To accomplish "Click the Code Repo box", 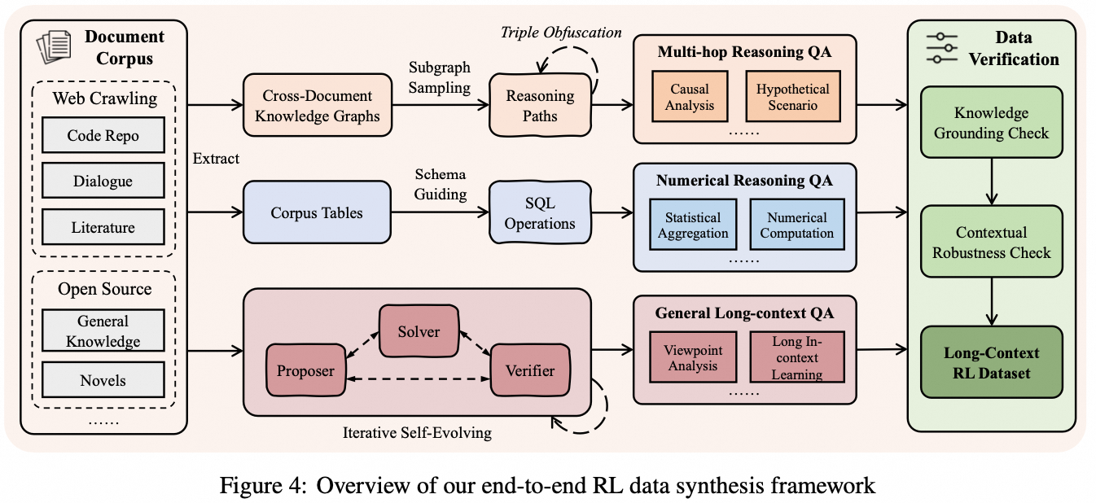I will click(103, 136).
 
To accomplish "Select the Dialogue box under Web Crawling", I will click(103, 182).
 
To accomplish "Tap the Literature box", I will click(103, 227).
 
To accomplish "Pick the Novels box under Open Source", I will click(103, 381).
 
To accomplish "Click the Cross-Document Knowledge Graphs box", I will click(318, 106).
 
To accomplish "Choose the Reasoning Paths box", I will click(540, 106).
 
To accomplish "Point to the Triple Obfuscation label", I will click(561, 33).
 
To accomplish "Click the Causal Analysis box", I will click(690, 97).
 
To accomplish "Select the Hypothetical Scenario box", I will click(792, 97).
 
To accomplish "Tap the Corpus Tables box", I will click(318, 213).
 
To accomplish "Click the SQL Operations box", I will click(540, 214).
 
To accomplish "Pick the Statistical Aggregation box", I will click(693, 225).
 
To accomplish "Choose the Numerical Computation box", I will click(796, 225).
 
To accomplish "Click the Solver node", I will click(419, 331).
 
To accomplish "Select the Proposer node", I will click(305, 370).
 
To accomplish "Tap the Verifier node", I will click(531, 370).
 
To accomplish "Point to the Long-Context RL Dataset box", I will click(991, 363).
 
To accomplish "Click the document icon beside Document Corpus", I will click(55, 48).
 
